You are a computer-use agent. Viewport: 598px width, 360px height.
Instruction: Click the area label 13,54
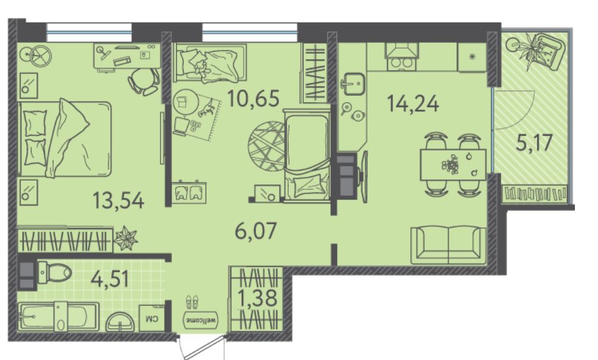119,201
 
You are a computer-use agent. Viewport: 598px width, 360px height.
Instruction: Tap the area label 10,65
253,98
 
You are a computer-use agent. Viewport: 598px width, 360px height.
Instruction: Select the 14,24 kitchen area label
413,103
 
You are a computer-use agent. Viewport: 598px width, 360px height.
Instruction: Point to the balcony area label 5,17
534,143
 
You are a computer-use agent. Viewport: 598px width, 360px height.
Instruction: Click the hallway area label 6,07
255,231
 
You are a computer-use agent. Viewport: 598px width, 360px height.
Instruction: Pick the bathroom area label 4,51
110,279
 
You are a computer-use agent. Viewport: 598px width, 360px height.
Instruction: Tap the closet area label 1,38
258,298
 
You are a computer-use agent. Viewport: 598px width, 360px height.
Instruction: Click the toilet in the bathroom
55,272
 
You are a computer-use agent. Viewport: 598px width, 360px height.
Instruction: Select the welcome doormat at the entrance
201,319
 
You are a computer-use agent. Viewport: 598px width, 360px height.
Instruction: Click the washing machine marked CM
152,317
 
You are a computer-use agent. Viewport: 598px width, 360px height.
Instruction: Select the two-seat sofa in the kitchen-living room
448,244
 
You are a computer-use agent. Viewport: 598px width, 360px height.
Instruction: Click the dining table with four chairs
453,165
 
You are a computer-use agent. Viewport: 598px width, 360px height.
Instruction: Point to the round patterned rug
267,146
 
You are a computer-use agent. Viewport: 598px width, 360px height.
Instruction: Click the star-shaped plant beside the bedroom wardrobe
125,238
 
